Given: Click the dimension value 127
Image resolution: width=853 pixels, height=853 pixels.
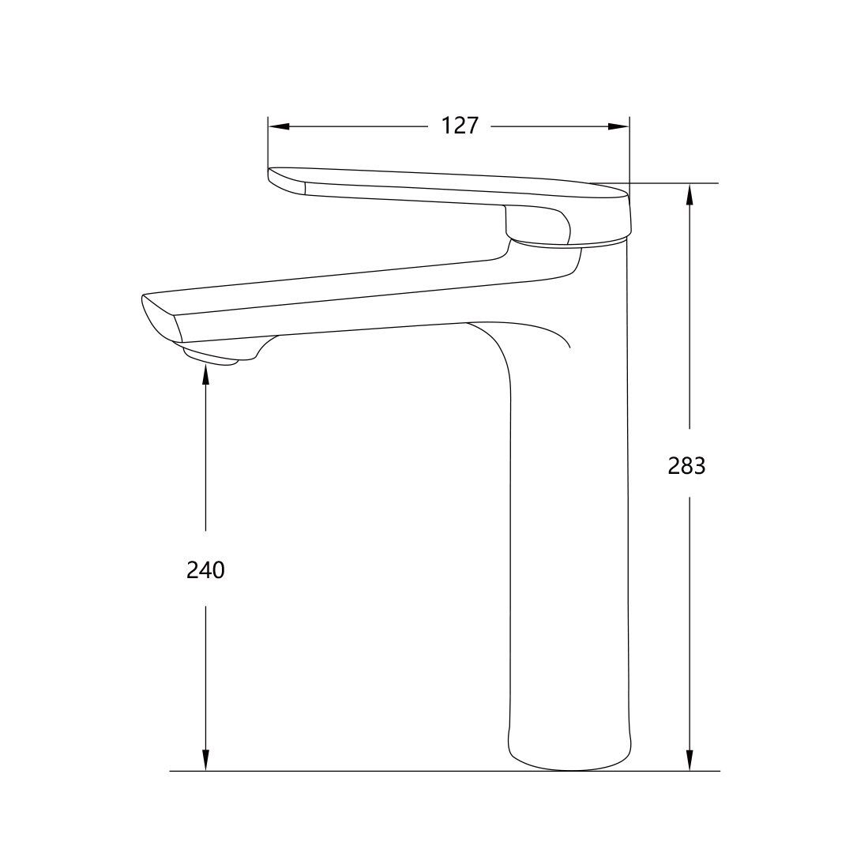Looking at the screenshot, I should coord(460,126).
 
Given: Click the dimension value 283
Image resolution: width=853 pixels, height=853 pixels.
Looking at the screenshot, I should coord(686,466).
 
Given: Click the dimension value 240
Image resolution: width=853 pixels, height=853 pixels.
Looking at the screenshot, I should coord(205,569).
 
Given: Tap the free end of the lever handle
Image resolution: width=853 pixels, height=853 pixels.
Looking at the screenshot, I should coord(286,179).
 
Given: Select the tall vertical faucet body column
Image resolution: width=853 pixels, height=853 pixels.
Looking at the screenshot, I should coord(569,513).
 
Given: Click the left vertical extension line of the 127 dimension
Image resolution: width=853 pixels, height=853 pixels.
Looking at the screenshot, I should coord(269,146).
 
